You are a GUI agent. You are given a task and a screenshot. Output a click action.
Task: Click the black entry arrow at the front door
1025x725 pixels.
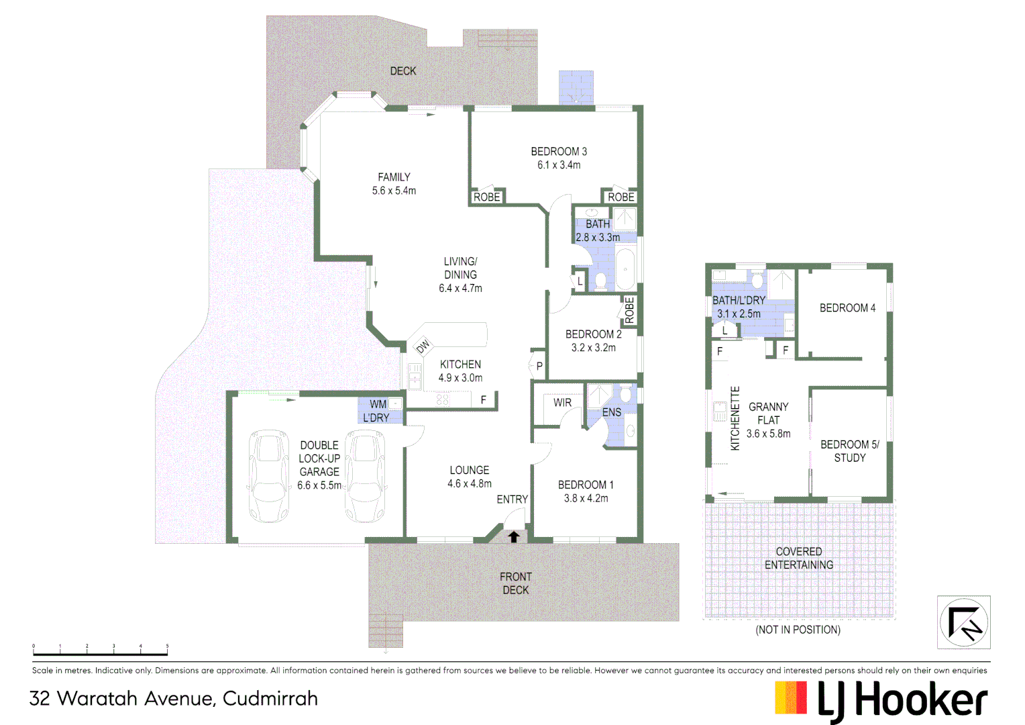click(514, 536)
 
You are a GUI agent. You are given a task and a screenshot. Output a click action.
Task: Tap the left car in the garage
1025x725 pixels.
click(268, 476)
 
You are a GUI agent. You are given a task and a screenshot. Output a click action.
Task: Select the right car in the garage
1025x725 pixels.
click(366, 476)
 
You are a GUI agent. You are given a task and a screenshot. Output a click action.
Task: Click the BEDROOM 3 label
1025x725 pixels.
click(559, 152)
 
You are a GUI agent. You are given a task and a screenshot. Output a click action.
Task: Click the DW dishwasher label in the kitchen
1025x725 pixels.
click(423, 346)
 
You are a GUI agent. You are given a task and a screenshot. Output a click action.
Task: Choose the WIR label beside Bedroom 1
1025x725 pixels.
click(562, 403)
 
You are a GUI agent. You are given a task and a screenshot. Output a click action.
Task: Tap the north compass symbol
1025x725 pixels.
click(963, 622)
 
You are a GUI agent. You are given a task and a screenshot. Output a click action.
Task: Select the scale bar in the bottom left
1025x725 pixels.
click(101, 652)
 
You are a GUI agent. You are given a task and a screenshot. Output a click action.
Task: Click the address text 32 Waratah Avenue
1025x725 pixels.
click(174, 699)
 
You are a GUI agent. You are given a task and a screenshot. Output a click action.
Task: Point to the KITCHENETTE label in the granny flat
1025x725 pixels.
click(735, 418)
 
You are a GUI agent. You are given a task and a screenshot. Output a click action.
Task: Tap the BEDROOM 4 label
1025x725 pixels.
click(847, 308)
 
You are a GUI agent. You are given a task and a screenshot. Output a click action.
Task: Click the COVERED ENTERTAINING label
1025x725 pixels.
click(799, 559)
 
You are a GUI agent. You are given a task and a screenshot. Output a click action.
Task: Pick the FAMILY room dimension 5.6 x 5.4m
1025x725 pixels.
click(394, 191)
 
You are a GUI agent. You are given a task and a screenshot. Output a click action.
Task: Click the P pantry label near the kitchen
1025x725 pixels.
click(539, 367)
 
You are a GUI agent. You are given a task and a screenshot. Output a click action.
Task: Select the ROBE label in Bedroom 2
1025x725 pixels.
click(629, 310)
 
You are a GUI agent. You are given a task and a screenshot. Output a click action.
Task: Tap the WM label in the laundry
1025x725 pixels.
click(378, 404)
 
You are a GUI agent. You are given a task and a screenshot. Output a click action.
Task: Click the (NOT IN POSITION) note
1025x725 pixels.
click(798, 630)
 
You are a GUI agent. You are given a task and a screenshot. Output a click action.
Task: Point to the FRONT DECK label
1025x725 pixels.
click(515, 583)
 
